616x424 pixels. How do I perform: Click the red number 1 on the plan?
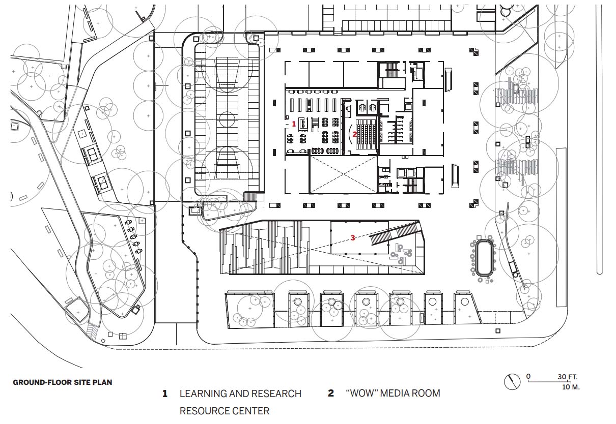point(293,124)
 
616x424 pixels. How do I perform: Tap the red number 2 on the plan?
point(355,134)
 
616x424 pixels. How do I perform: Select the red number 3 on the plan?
point(353,237)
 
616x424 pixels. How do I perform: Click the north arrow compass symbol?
point(512,382)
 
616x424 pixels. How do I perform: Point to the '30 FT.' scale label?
point(568,377)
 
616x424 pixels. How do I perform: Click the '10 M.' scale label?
point(571,387)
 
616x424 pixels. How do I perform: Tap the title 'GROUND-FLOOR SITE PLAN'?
point(63,382)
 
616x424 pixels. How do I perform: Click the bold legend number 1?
point(165,393)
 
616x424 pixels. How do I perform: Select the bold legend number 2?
point(331,393)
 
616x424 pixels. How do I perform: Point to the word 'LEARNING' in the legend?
point(203,393)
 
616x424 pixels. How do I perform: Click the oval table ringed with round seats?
point(485,258)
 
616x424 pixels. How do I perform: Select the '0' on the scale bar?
point(528,376)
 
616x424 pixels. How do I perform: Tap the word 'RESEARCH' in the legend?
point(278,393)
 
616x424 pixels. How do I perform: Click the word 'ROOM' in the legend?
point(427,393)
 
